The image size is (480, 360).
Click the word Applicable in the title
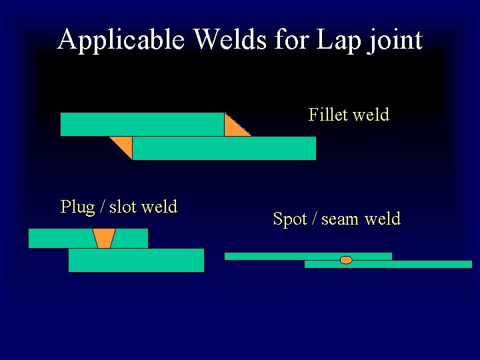121,40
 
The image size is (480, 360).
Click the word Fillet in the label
328,115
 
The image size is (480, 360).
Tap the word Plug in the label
77,207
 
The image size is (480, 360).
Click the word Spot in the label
291,219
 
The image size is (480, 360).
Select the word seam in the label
341,219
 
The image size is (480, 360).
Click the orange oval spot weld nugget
346,260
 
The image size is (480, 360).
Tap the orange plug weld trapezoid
104,238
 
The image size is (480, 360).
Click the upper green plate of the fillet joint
141,124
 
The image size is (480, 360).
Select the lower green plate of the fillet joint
223,148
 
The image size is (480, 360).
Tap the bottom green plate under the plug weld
136,260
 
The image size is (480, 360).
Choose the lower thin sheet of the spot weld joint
400,264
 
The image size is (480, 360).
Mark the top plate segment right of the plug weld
131,238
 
